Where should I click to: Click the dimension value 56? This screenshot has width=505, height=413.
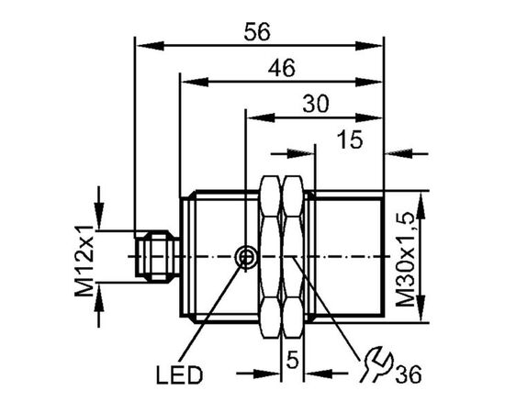(x=257, y=32)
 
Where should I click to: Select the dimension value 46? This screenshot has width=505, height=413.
(x=282, y=68)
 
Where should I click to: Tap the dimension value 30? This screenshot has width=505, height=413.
(x=316, y=104)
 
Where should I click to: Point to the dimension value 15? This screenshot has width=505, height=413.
(x=350, y=140)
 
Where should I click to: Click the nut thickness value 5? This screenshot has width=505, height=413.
(x=293, y=360)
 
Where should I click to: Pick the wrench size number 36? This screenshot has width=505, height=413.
(x=409, y=374)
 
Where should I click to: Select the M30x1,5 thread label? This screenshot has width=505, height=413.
(x=405, y=260)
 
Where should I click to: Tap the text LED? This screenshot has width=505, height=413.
(x=179, y=375)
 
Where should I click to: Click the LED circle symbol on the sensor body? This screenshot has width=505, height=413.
(x=246, y=257)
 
